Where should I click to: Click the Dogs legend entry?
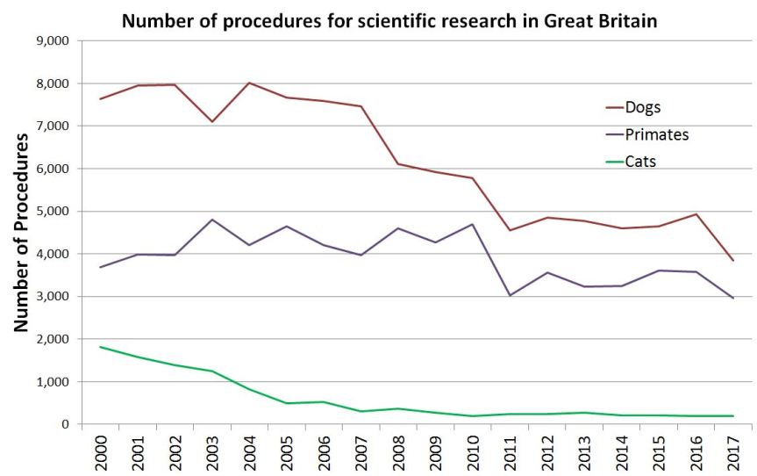point(642,108)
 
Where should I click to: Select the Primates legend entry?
point(656,134)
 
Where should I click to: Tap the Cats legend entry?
point(640,162)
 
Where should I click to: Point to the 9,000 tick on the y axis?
point(53,41)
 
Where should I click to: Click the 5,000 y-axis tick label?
point(53,212)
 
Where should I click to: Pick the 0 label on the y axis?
point(64,425)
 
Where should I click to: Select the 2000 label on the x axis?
point(100,450)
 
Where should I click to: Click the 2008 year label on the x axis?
point(398,450)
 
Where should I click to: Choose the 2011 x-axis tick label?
point(510,450)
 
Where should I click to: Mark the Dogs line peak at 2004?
point(249,83)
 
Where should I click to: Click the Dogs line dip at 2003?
point(211,121)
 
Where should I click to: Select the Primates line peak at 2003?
point(211,220)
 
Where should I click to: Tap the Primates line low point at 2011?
point(510,296)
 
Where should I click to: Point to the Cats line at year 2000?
point(100,347)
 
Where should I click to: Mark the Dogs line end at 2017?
point(733,261)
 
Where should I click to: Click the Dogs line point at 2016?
point(696,214)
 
